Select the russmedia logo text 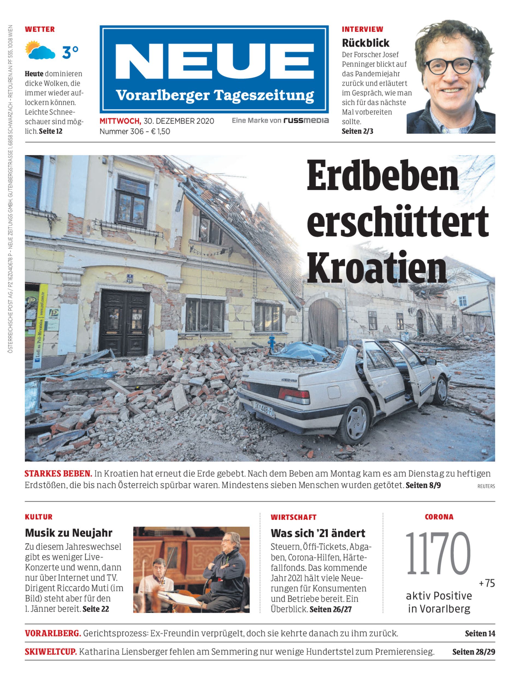click(x=306, y=120)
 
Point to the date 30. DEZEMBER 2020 click(x=179, y=121)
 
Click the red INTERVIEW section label click(x=362, y=30)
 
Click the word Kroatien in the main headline click(x=377, y=268)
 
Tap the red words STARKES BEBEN click(x=58, y=474)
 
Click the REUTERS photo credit click(x=486, y=486)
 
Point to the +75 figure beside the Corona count click(x=487, y=583)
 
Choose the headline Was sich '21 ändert click(x=318, y=533)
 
